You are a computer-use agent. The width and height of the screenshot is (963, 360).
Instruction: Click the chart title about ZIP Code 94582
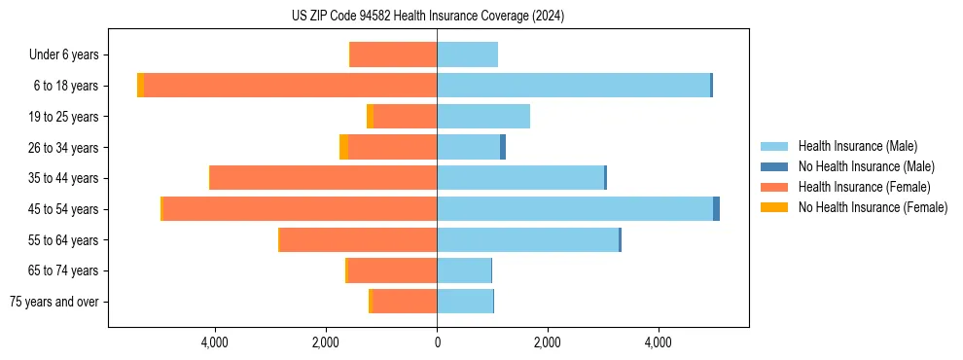point(428,17)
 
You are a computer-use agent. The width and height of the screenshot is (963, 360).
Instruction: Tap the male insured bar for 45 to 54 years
point(574,209)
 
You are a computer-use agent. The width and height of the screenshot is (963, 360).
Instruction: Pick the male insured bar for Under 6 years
point(467,54)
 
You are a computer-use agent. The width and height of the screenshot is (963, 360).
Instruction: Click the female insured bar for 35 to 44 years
point(323,178)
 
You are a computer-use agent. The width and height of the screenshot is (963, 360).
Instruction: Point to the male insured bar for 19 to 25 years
point(483,117)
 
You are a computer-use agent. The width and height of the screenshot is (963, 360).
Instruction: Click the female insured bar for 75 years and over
point(404,302)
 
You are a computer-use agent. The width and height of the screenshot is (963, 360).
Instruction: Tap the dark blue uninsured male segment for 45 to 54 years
point(716,209)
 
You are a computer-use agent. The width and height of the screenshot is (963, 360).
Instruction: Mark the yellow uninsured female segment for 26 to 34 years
point(343,147)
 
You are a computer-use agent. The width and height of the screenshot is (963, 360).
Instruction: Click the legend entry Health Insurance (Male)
point(857,146)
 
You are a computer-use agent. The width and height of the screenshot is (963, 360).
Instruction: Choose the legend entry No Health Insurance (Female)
point(873,207)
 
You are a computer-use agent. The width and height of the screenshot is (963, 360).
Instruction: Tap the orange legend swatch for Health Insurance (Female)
point(774,187)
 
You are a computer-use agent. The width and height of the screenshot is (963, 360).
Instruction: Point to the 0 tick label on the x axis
point(437,342)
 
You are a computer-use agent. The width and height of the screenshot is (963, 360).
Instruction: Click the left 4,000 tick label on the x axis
point(214,342)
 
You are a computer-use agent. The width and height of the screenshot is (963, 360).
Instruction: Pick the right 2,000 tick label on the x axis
point(548,342)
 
